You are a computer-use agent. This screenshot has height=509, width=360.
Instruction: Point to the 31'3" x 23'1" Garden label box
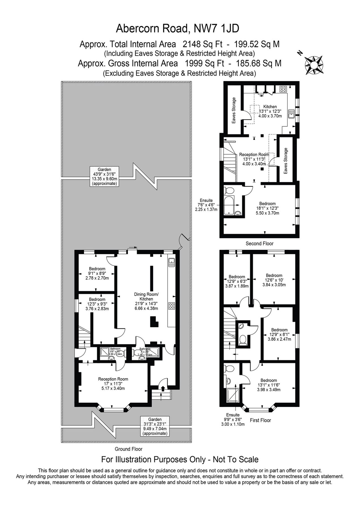point(155,426)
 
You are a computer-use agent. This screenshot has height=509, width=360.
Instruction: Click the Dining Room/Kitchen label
point(146,301)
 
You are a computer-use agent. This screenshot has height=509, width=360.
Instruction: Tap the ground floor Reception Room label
point(113,383)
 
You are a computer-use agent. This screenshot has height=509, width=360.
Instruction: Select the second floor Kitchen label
point(270,111)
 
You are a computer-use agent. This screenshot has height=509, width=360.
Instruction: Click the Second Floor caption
point(260,243)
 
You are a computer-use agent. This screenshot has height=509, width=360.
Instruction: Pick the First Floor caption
point(260,420)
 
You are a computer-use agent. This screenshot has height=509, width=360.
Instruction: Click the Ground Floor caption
point(128,449)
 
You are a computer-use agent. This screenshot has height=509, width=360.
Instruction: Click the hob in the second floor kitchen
point(283,89)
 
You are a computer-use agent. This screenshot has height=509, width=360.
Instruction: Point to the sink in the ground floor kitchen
point(171,263)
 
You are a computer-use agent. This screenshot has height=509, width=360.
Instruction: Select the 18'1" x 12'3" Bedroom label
point(267,208)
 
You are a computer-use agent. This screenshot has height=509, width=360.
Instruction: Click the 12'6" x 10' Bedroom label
point(274,280)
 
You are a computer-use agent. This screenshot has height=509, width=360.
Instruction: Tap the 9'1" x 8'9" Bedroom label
point(97,273)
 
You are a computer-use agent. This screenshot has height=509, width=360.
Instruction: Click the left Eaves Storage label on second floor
point(234,110)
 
